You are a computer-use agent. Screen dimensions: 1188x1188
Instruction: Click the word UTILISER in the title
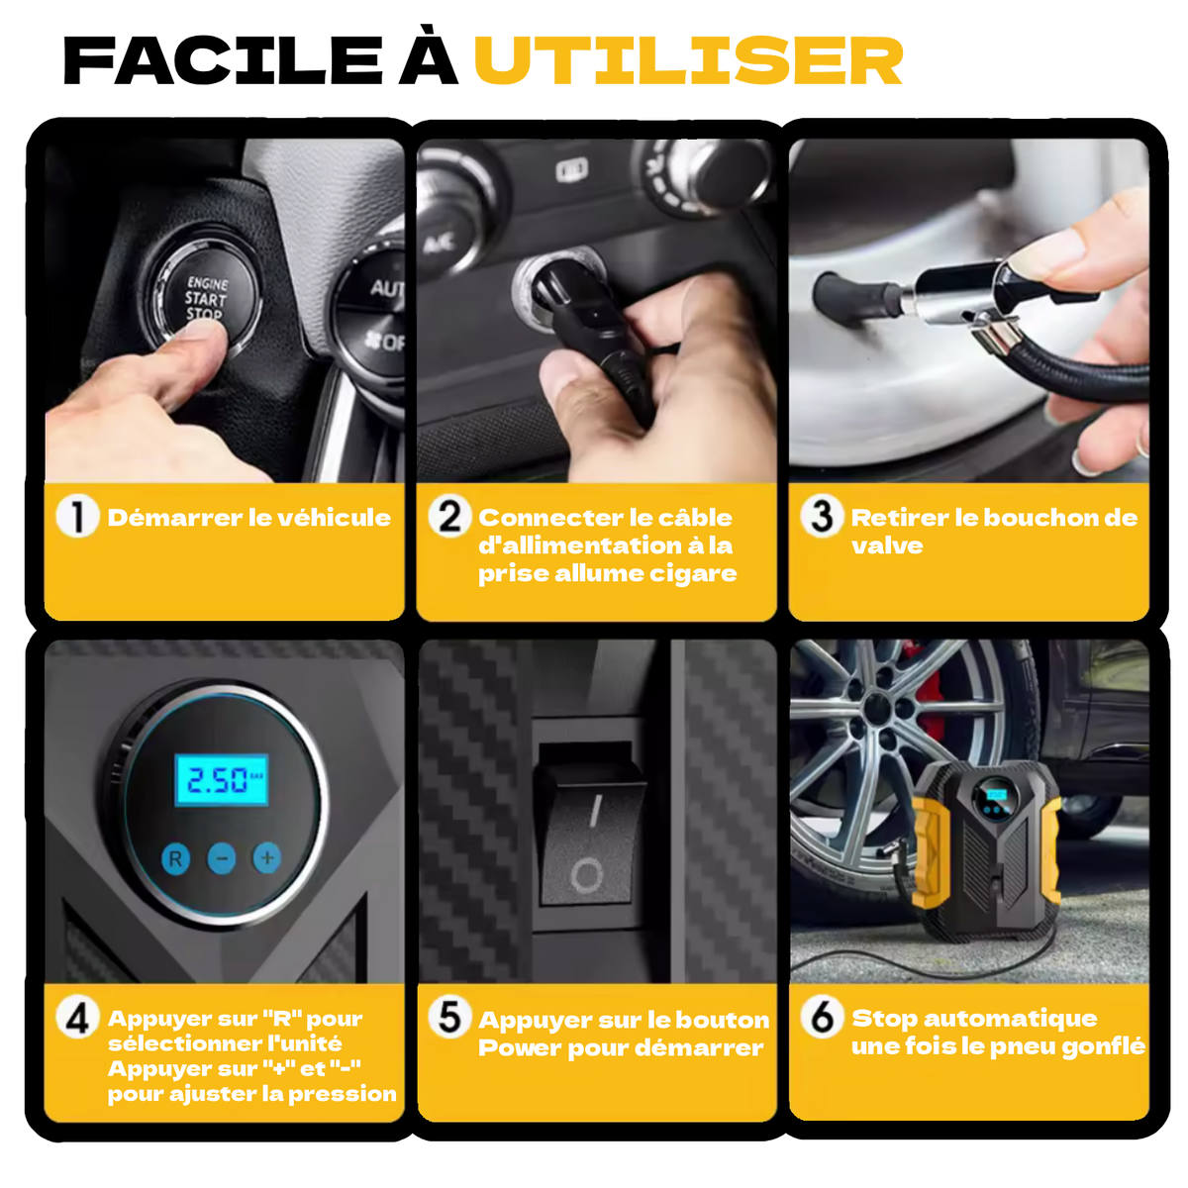coord(688,60)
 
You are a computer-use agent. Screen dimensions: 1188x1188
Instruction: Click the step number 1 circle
coord(77,517)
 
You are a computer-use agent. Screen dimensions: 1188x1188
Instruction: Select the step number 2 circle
coord(449,517)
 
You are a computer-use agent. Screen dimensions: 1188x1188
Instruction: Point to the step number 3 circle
coord(822,517)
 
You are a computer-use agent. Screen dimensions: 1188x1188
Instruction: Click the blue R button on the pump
coord(175,858)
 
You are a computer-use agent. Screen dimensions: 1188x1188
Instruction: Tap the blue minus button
coord(222,858)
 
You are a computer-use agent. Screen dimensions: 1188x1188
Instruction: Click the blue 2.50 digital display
coord(222,780)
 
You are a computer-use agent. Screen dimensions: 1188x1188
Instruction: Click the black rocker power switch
coord(588,842)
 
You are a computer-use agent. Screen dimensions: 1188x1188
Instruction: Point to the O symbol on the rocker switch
coord(586,875)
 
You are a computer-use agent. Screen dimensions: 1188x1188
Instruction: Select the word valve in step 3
coord(887,545)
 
